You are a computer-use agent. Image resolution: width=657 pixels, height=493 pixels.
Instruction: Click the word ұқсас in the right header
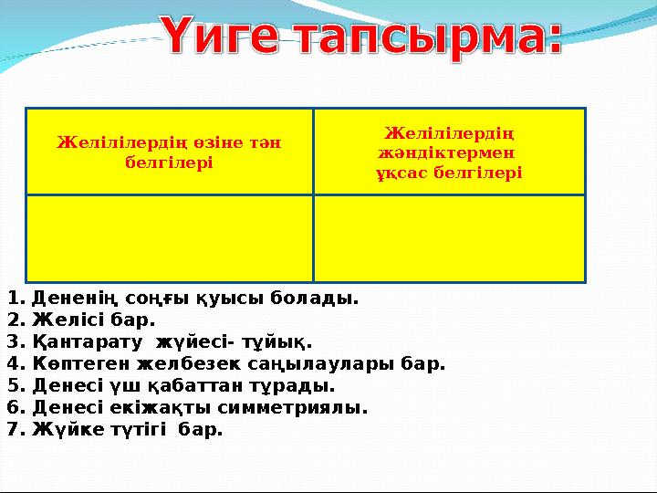401,172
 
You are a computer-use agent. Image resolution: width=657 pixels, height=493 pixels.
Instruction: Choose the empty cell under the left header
170,237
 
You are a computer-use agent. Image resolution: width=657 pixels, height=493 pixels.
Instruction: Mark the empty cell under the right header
448,237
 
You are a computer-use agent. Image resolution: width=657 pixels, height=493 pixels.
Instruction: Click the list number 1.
12,299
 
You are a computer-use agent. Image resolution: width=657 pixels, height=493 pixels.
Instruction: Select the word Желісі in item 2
63,320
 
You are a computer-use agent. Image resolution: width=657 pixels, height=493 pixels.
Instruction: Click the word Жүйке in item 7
59,429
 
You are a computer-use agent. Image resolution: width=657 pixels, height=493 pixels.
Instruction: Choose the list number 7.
12,429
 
